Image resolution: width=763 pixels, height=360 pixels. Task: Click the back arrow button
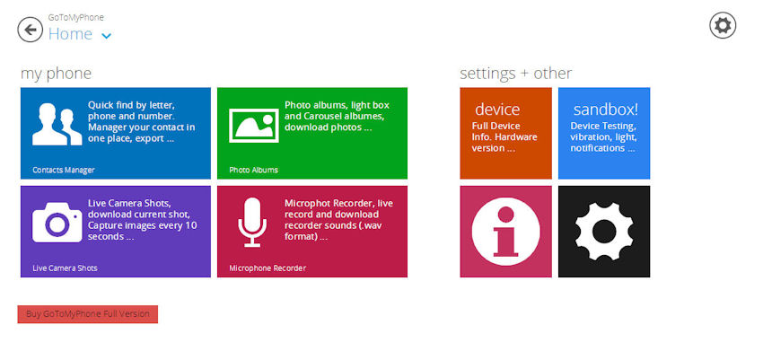pyautogui.click(x=31, y=30)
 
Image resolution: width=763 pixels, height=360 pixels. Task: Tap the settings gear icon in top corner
pyautogui.click(x=723, y=25)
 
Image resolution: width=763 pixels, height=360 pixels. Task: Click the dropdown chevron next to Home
pyautogui.click(x=107, y=36)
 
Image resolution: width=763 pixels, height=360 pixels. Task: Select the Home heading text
pyautogui.click(x=70, y=33)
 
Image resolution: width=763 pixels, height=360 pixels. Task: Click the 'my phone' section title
pyautogui.click(x=56, y=74)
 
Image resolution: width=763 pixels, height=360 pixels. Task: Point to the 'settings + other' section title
pyautogui.click(x=516, y=74)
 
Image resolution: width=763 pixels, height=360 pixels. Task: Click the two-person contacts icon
pyautogui.click(x=57, y=124)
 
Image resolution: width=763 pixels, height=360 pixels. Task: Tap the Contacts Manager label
pyautogui.click(x=64, y=170)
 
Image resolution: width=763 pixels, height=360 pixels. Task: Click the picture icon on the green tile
pyautogui.click(x=254, y=126)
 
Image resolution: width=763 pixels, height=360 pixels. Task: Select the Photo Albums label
pyautogui.click(x=253, y=170)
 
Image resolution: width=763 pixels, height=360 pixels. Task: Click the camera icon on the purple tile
pyautogui.click(x=57, y=223)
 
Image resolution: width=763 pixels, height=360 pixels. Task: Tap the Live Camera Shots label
pyautogui.click(x=66, y=268)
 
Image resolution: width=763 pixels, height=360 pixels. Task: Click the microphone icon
pyautogui.click(x=252, y=223)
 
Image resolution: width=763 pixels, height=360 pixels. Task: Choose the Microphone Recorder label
pyautogui.click(x=267, y=268)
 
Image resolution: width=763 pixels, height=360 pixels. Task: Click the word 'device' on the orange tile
pyautogui.click(x=497, y=109)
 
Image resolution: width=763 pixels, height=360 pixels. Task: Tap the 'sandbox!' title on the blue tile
pyautogui.click(x=605, y=110)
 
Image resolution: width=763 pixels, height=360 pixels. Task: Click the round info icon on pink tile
pyautogui.click(x=506, y=232)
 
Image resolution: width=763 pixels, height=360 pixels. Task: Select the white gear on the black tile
pyautogui.click(x=604, y=232)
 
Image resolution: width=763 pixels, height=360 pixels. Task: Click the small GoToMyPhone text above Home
pyautogui.click(x=76, y=18)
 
